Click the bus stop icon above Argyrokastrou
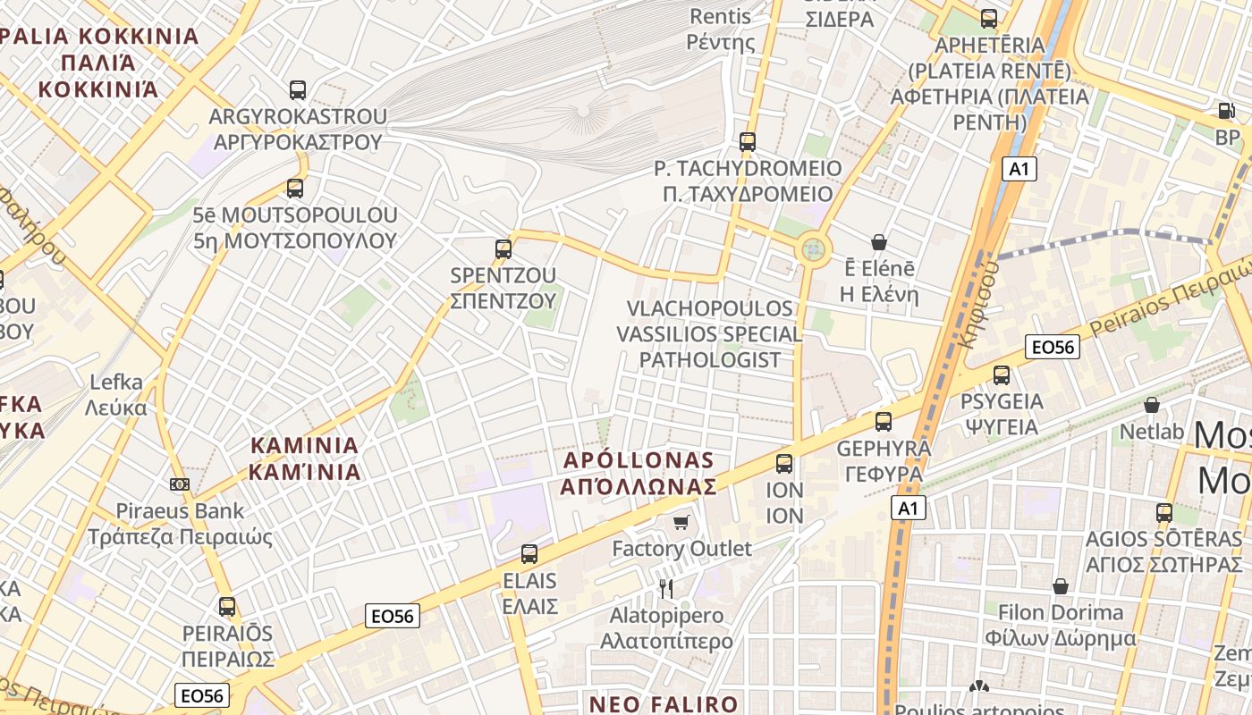298,90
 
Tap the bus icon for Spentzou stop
503,249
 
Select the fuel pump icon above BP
1225,111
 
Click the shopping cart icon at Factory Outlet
681,522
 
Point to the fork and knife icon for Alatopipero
665,588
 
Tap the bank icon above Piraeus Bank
180,484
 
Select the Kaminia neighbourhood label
304,458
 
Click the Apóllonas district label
639,474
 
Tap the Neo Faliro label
664,703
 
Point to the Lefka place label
116,395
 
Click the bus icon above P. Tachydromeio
748,142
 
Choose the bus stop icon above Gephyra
884,422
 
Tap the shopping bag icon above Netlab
1152,406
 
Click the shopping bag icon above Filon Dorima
1061,587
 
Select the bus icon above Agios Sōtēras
1163,513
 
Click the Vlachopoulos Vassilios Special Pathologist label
710,334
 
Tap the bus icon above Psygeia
1002,375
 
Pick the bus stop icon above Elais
529,554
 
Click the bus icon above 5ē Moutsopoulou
295,189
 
